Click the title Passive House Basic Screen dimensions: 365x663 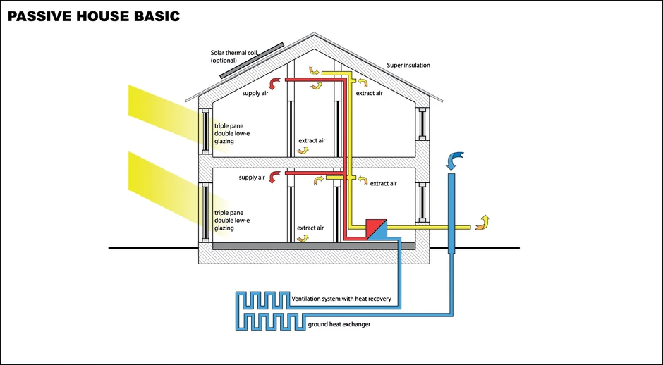click(93, 15)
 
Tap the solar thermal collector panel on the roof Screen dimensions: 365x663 click(251, 61)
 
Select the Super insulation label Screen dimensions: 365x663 click(408, 66)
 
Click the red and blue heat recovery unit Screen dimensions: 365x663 click(376, 228)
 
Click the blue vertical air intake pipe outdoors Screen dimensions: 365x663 click(451, 211)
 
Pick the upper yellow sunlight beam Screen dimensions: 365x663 click(162, 106)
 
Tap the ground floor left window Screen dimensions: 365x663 click(206, 211)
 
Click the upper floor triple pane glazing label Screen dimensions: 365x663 click(233, 133)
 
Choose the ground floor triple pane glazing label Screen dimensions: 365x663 click(233, 220)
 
